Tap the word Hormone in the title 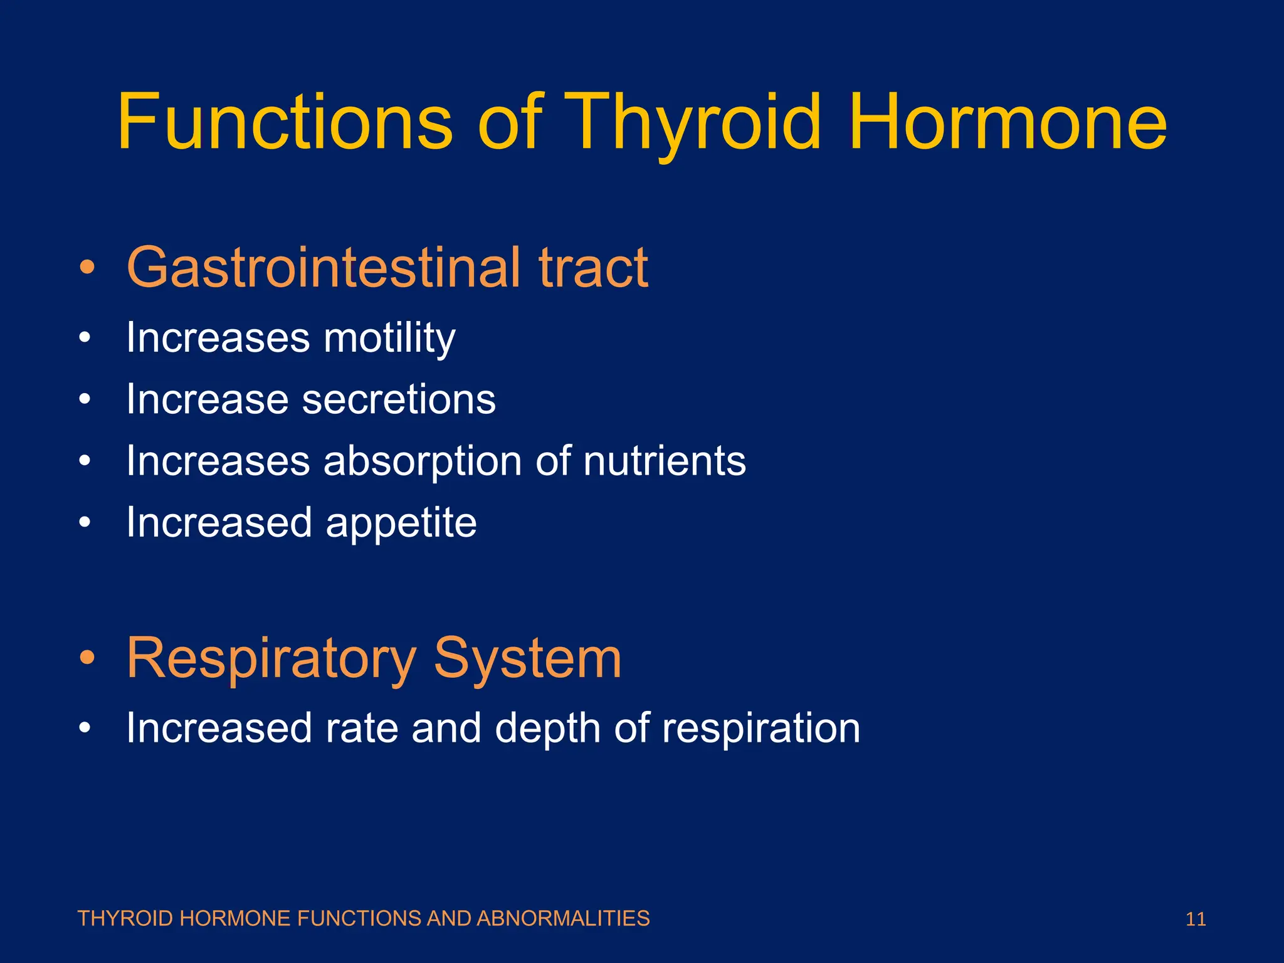pos(1008,122)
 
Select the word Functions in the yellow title pos(285,122)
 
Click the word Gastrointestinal pos(324,268)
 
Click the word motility pos(389,338)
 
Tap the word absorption pos(422,461)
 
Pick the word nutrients pos(665,461)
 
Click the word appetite pos(401,523)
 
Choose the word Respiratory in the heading pos(271,658)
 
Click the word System pos(527,658)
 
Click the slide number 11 pos(1196,919)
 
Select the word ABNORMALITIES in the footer pos(563,918)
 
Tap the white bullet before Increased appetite pos(85,523)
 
